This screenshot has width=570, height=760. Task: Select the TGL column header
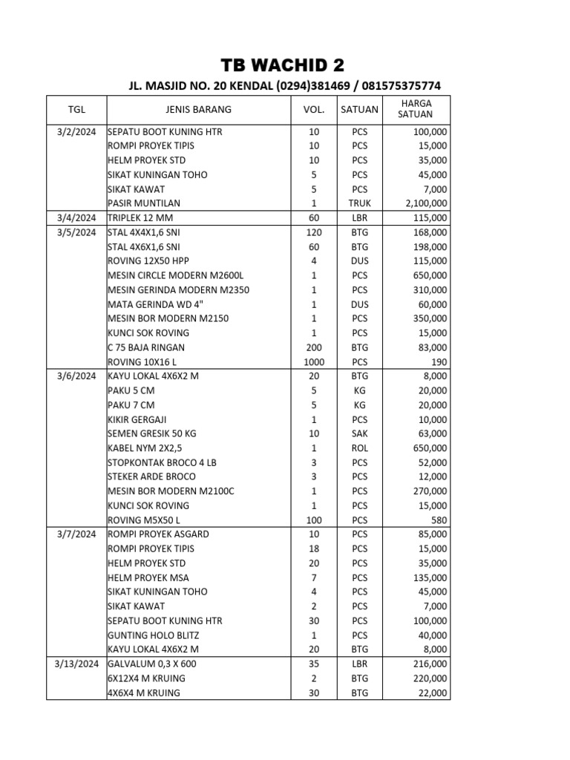[76, 109]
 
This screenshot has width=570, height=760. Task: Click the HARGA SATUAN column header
[415, 109]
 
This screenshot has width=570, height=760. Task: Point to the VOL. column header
[314, 109]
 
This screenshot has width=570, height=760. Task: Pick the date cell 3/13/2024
[77, 664]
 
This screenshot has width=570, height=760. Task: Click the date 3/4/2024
[77, 218]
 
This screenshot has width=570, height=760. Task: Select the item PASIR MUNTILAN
[144, 203]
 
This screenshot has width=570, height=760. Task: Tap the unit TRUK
[359, 203]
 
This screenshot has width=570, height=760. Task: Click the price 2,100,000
[425, 203]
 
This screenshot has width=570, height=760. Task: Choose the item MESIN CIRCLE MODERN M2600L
[175, 275]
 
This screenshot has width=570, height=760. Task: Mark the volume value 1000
[314, 361]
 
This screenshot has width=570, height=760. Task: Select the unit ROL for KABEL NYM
[359, 448]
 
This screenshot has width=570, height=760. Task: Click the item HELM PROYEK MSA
[148, 577]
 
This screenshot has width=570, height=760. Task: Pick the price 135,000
[430, 577]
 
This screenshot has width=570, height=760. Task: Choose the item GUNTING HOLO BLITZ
[154, 635]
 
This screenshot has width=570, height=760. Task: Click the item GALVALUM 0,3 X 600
[152, 664]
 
